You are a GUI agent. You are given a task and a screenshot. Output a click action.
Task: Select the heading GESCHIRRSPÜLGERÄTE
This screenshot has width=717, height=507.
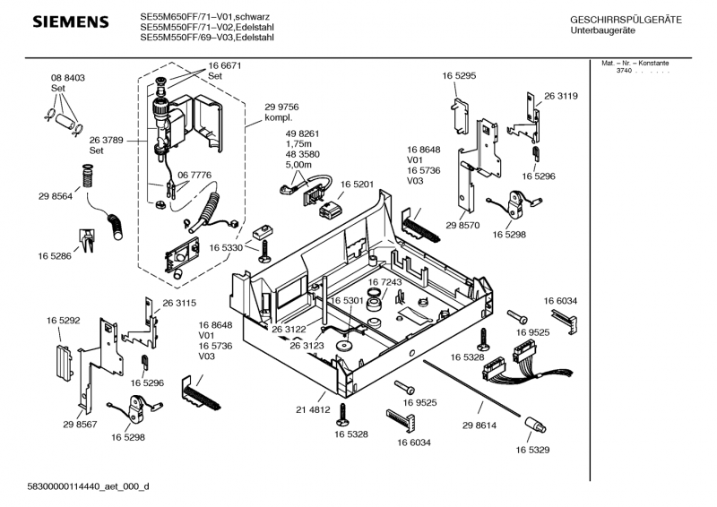626,20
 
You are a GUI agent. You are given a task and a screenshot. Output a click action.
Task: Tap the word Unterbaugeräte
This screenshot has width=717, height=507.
604,31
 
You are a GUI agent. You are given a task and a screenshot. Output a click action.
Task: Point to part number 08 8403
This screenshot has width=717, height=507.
67,79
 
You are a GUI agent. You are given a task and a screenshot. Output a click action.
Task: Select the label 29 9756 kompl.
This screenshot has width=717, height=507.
281,113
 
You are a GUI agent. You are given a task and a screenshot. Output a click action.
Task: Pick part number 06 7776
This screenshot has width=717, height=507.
194,175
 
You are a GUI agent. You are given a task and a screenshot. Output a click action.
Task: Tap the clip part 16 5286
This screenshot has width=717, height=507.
89,237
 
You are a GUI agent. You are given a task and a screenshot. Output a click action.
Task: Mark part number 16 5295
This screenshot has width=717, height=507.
458,77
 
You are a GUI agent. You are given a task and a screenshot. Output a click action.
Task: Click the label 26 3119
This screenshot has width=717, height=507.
560,96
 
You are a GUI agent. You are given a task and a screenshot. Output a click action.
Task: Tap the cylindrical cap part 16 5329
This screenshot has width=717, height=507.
534,422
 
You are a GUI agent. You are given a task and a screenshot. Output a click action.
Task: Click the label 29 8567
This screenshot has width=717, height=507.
80,424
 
